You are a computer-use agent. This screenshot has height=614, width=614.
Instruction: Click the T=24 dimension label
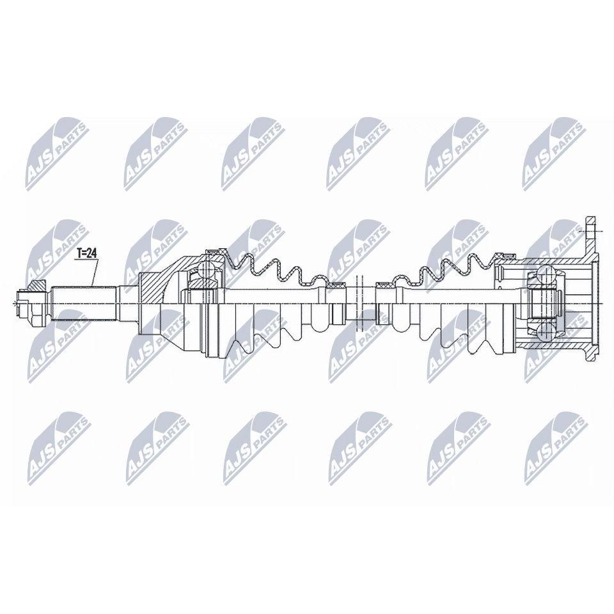click(x=86, y=253)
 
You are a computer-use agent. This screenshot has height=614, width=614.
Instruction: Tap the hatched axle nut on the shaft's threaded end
click(x=38, y=287)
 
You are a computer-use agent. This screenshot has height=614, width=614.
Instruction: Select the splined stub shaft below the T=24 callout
click(x=84, y=303)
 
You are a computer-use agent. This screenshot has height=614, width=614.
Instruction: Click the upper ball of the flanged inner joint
click(x=544, y=272)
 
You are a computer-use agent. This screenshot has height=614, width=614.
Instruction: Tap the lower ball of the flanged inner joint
click(x=544, y=330)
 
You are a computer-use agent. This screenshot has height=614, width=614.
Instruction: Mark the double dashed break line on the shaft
click(x=358, y=303)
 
